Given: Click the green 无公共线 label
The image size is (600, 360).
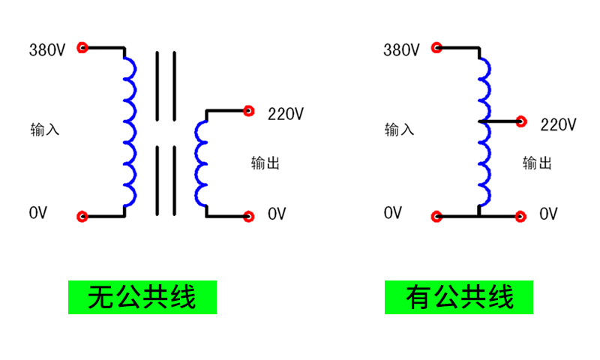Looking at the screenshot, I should click(x=142, y=298).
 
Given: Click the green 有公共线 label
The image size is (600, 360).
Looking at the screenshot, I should click(x=459, y=298).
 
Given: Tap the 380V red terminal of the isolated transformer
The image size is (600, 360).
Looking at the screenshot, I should click(x=82, y=47).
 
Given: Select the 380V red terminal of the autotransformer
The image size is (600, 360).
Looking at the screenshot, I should click(x=436, y=47).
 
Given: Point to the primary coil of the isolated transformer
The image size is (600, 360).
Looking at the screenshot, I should click(x=130, y=131).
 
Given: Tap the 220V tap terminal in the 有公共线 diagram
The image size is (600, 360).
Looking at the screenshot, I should click(x=521, y=121).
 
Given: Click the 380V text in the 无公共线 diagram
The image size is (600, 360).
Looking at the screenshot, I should click(x=47, y=51).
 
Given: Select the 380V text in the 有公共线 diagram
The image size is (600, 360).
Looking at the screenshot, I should click(x=401, y=51).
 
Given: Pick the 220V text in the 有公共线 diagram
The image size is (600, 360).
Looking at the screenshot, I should click(x=558, y=125).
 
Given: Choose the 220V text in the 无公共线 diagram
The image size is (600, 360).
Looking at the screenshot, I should click(x=286, y=115).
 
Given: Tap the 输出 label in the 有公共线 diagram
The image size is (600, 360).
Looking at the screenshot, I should click(x=537, y=163).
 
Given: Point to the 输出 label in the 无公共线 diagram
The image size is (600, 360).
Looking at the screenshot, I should click(x=265, y=163).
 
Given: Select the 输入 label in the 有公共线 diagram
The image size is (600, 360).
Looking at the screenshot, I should click(x=399, y=129).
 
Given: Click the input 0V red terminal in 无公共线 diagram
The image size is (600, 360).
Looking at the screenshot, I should click(x=82, y=217).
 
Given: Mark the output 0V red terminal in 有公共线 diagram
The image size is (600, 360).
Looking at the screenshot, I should click(x=521, y=217).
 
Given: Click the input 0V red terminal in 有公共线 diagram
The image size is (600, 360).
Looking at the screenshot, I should click(x=436, y=217).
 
